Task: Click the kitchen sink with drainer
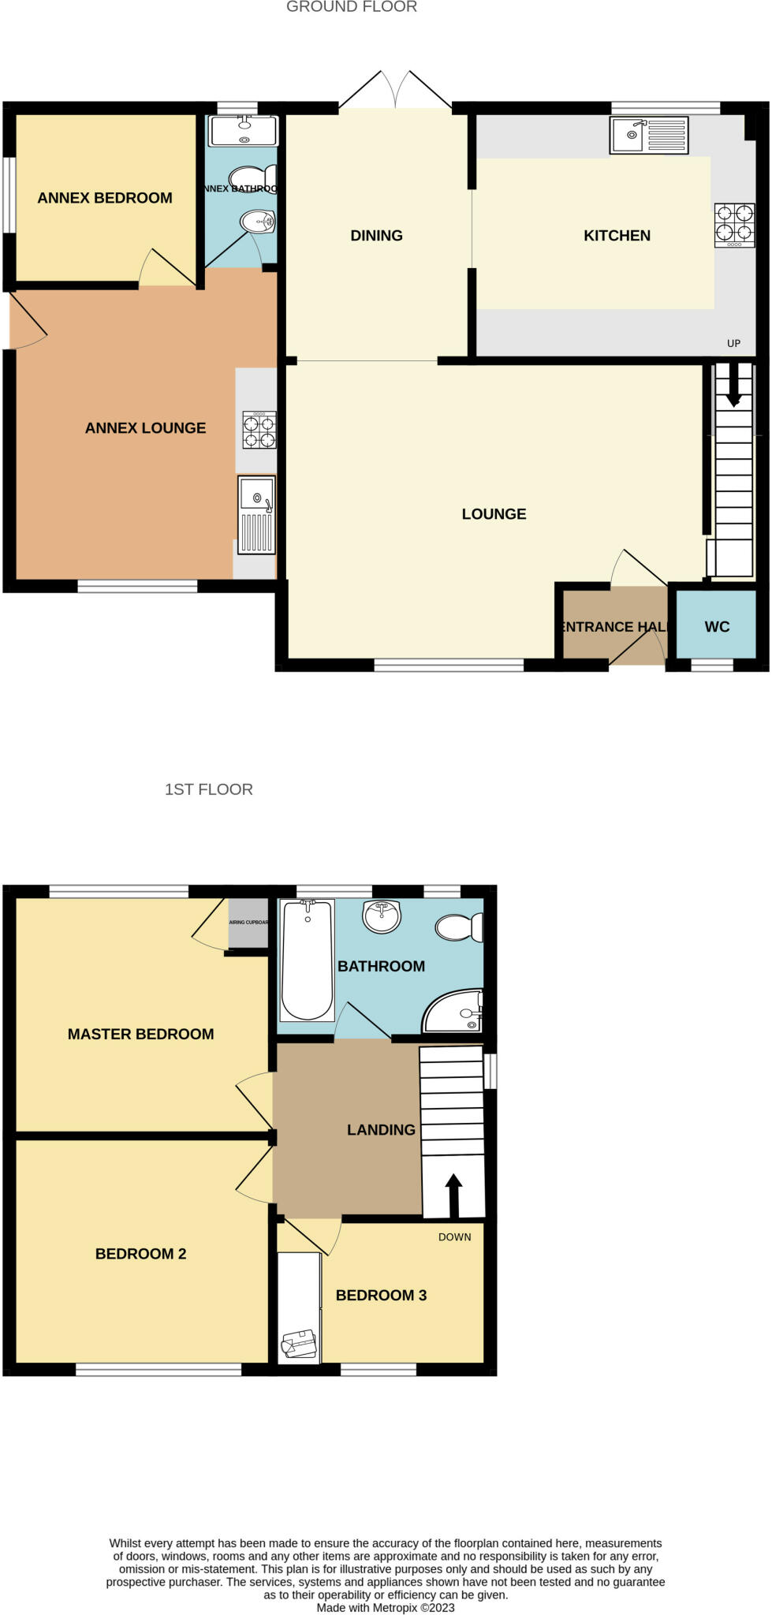click(x=648, y=135)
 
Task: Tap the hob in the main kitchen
click(x=733, y=225)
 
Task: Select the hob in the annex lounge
click(x=259, y=431)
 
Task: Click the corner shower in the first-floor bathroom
click(x=456, y=1013)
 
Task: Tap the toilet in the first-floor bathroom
click(x=459, y=927)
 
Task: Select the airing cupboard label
click(x=248, y=923)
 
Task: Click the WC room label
click(x=717, y=627)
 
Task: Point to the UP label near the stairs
click(x=733, y=343)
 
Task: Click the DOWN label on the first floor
click(x=454, y=1237)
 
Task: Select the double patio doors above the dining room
click(x=395, y=93)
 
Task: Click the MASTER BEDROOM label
click(x=140, y=1034)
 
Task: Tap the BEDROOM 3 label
click(x=381, y=1296)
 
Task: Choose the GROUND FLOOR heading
click(x=351, y=7)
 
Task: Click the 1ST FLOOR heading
click(x=208, y=789)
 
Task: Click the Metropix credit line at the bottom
click(x=386, y=1607)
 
